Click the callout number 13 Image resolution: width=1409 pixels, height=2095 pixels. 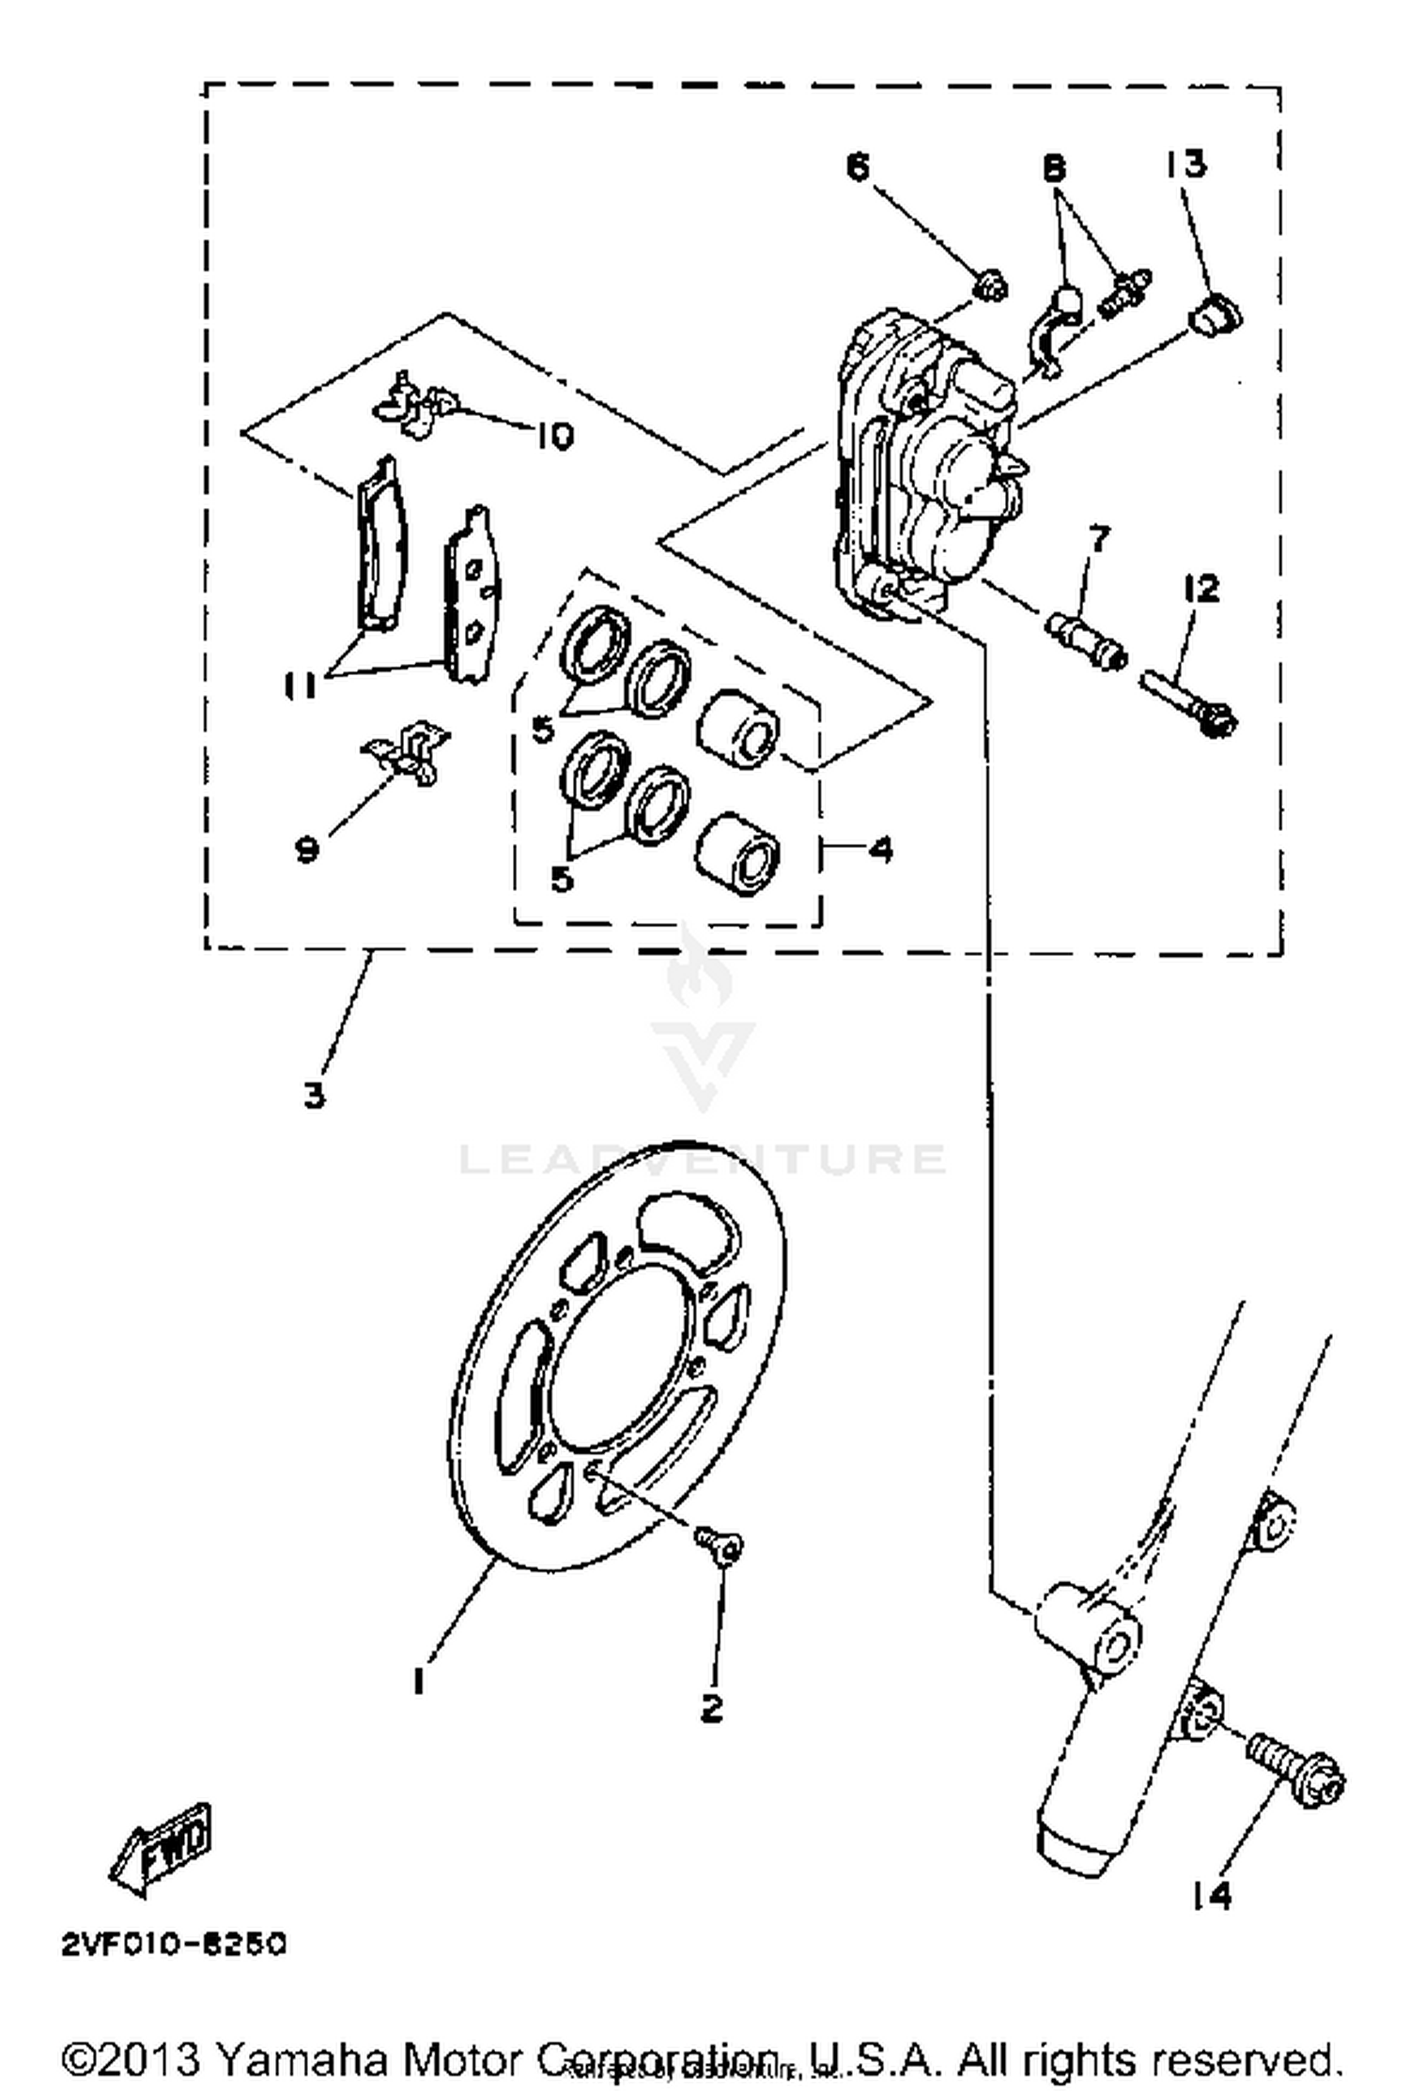[x=1185, y=163]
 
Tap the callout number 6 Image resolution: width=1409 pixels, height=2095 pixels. [x=858, y=166]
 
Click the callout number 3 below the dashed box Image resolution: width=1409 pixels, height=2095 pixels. [x=315, y=1093]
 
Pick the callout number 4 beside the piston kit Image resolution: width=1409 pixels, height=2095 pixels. [x=880, y=850]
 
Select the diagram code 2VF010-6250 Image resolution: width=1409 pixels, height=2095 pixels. [x=174, y=1945]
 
